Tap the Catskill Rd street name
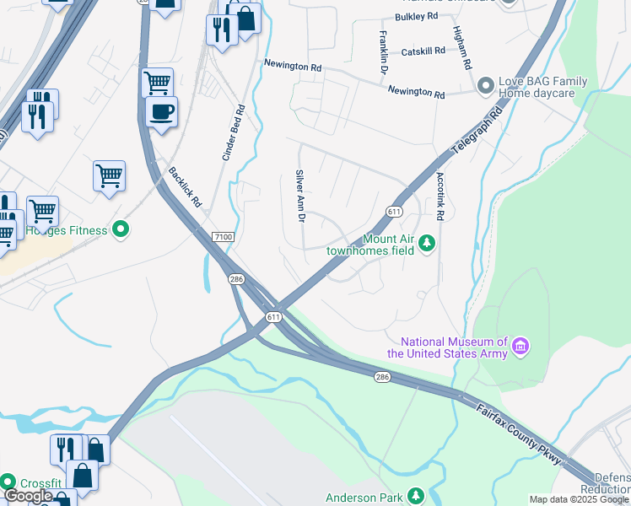coord(423,51)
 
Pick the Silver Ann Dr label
coord(299,196)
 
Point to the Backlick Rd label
coord(185,186)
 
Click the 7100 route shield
coord(223,238)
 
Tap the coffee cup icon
coord(161,110)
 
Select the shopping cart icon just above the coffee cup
coord(157,82)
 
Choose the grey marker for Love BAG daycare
coord(485,86)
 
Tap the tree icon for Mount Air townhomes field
coord(428,244)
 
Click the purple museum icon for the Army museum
coord(520,347)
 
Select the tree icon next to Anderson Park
coord(414,496)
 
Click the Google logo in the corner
coord(28,497)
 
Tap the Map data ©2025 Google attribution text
coord(579,499)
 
